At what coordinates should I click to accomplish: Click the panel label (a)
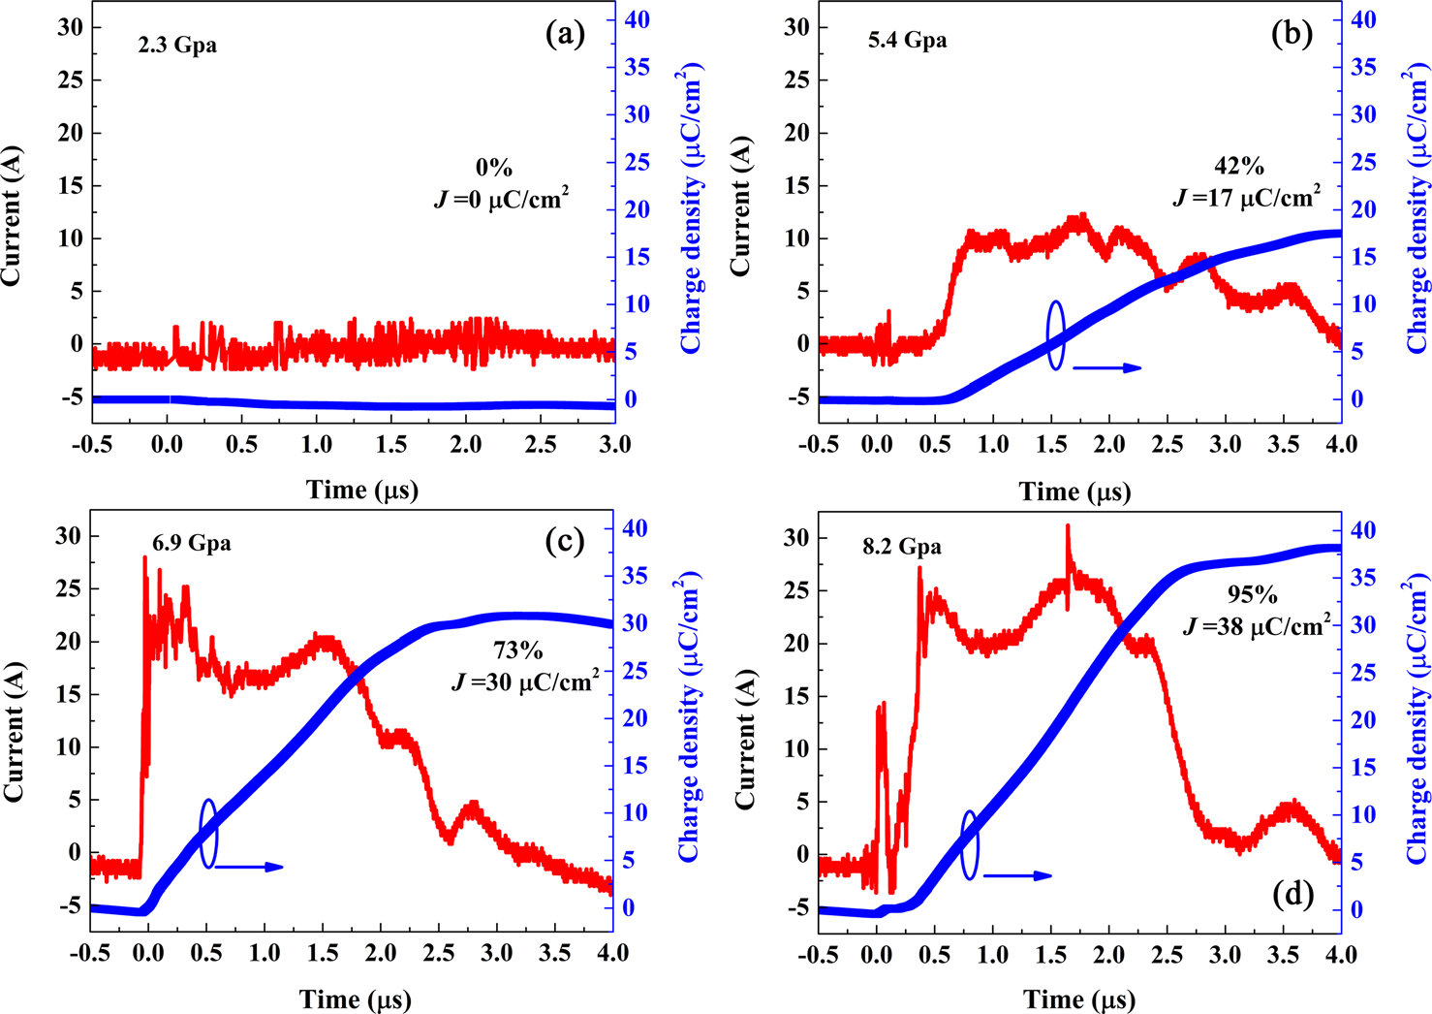(566, 35)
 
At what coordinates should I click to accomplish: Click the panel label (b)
(1292, 35)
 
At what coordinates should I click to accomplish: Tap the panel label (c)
(565, 541)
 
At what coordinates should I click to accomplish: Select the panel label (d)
(1292, 894)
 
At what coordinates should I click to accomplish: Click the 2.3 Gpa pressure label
(175, 45)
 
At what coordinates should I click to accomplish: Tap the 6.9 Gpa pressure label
(191, 543)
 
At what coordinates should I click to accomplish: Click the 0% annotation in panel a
(494, 168)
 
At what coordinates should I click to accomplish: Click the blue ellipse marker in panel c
(208, 833)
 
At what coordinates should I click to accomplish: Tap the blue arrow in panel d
(1017, 875)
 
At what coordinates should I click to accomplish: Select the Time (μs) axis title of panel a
(362, 490)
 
